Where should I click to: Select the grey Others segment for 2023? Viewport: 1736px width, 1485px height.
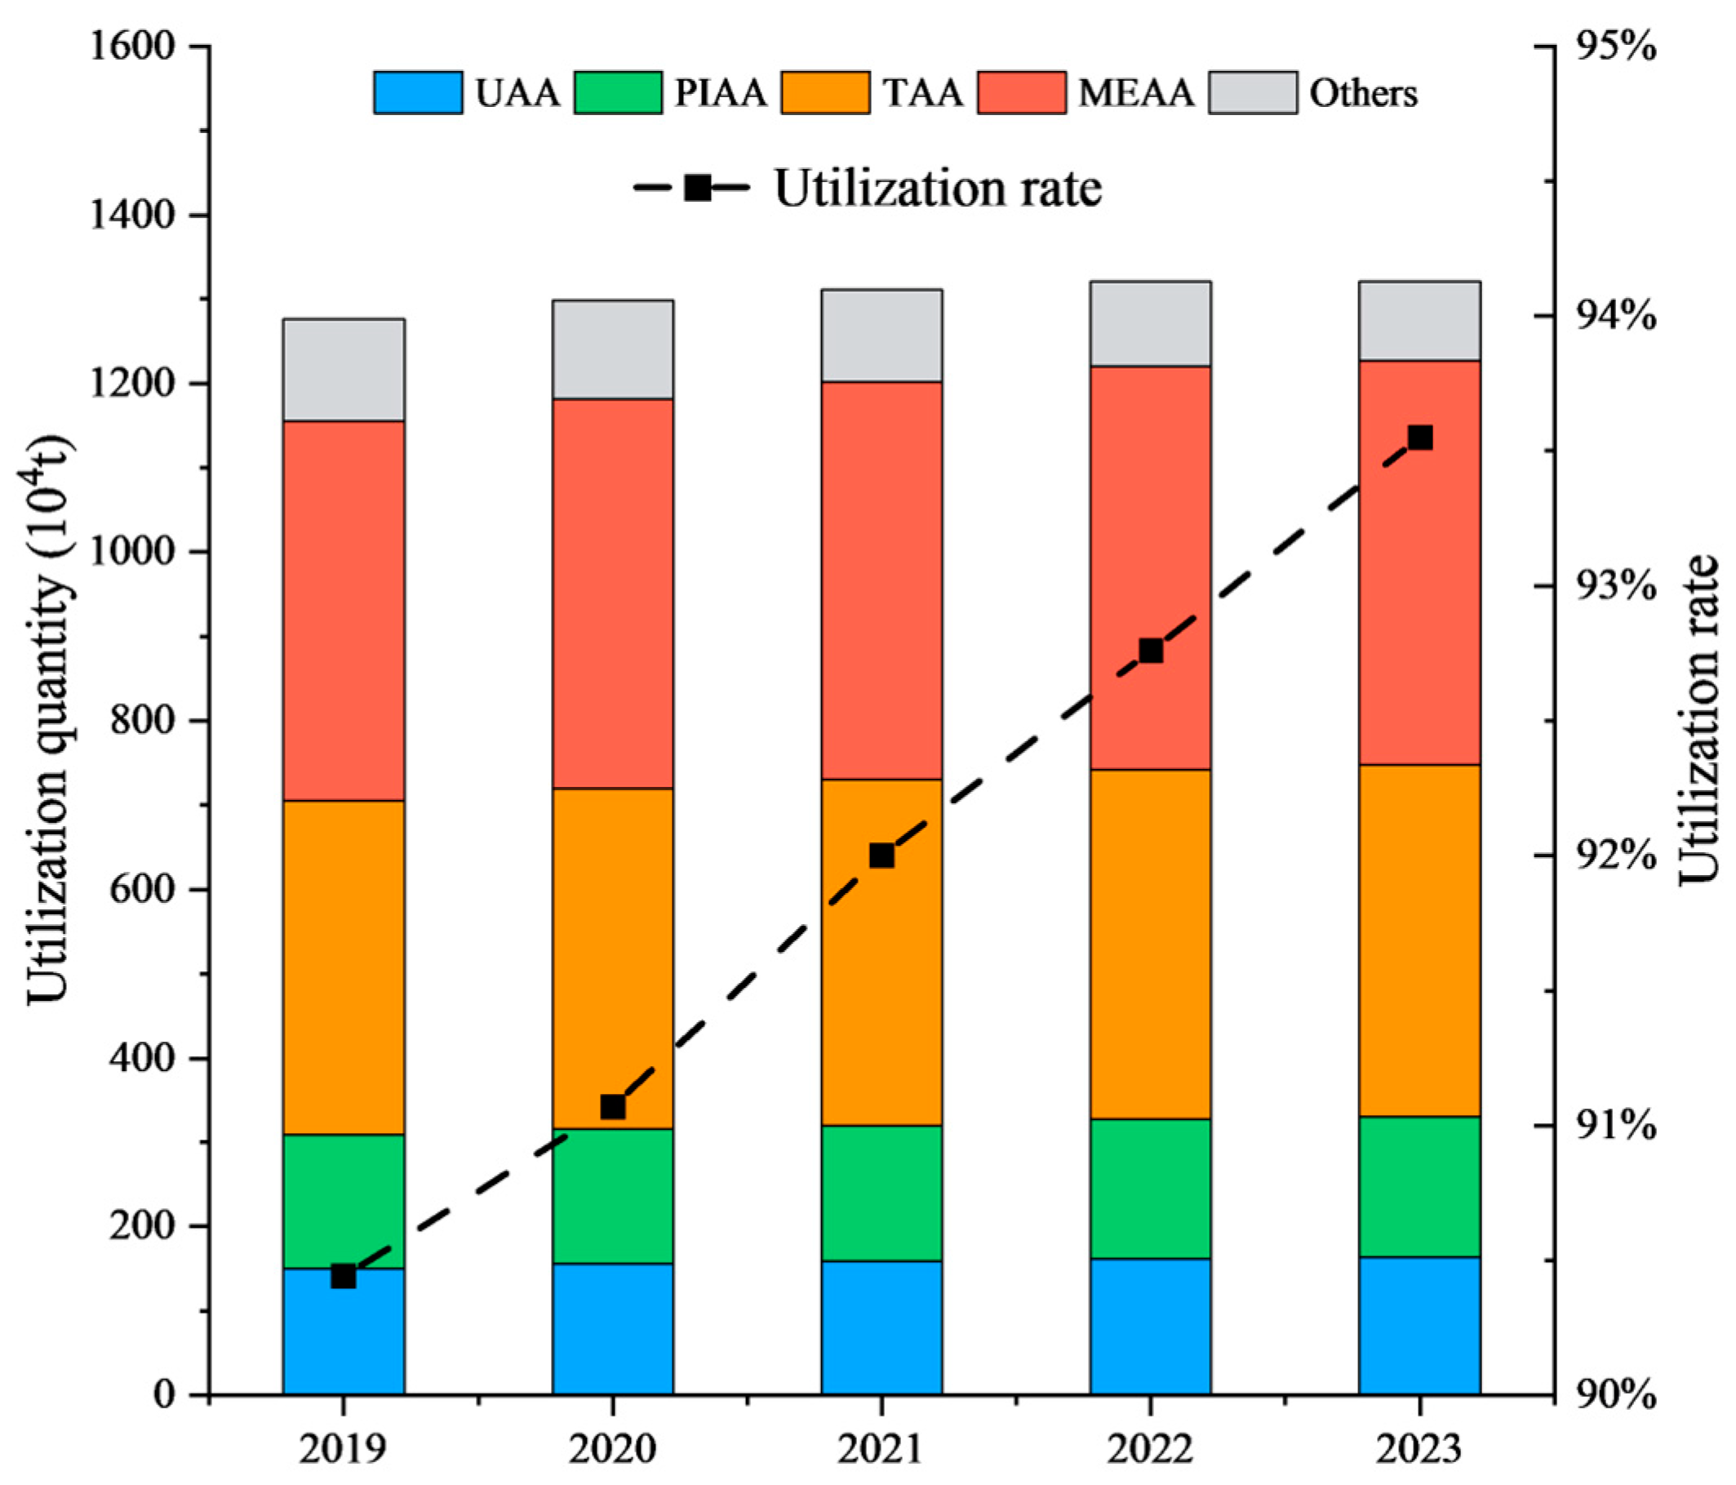coord(1419,321)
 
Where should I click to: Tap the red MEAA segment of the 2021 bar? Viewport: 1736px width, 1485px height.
coord(881,580)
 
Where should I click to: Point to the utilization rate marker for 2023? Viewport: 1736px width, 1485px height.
coord(1419,438)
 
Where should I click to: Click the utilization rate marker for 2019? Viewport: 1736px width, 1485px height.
coord(344,1276)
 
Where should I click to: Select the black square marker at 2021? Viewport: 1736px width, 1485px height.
coord(881,856)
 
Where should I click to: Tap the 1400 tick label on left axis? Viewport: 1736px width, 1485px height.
coord(131,216)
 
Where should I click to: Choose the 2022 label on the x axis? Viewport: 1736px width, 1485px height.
coord(1150,1448)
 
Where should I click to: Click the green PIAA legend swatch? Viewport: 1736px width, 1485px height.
coord(618,92)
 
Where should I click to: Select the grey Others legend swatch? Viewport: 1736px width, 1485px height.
coord(1253,92)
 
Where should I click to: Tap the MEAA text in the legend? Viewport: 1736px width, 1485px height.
coord(1136,93)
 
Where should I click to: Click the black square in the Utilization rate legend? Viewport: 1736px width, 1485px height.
coord(697,188)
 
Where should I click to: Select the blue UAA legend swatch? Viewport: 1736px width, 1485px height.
coord(417,92)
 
